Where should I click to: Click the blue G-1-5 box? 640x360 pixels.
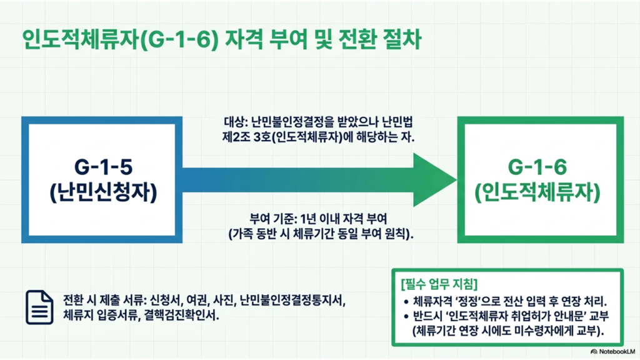25,179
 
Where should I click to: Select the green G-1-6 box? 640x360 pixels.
461,179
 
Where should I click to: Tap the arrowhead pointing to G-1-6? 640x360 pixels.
435,179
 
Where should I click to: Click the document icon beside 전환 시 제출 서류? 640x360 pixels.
39,307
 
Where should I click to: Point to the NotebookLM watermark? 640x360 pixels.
612,351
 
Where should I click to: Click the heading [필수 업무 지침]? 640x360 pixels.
439,284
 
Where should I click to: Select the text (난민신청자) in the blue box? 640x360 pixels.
103,192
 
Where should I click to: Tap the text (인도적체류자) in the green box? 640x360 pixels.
537,192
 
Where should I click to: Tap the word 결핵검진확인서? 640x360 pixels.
181,316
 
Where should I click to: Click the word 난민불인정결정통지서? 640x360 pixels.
292,301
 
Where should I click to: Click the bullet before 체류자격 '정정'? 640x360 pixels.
406,302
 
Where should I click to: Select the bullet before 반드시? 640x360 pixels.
406,317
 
